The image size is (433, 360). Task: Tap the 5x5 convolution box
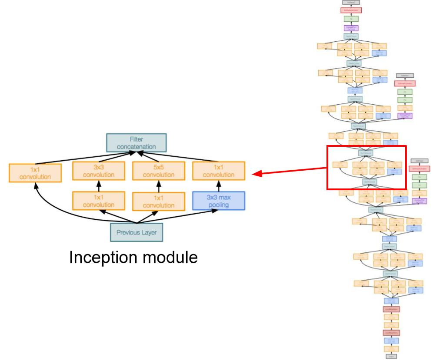[155, 170]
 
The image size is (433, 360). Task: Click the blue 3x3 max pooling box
[219, 201]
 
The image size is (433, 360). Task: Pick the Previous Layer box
[136, 232]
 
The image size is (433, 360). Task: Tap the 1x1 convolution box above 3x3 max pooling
[219, 170]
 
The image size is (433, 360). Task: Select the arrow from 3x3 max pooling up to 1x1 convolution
[219, 185]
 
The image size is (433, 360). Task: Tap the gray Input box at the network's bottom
[391, 357]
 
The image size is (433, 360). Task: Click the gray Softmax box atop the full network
[350, 2]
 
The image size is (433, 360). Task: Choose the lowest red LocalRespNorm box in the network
[391, 332]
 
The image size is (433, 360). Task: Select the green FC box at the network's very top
[350, 19]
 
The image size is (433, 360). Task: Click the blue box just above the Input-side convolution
[391, 340]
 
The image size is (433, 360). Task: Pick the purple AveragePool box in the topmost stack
[350, 28]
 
